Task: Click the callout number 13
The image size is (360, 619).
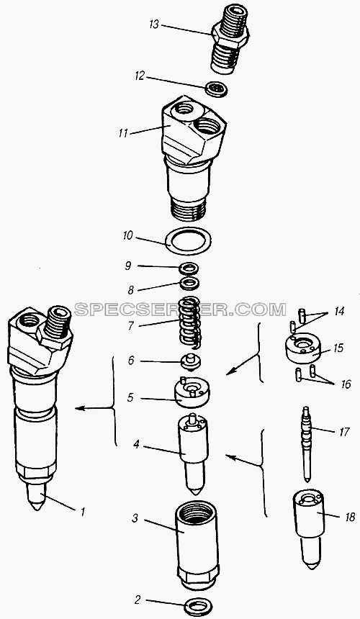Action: click(154, 24)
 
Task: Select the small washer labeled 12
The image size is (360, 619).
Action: click(216, 89)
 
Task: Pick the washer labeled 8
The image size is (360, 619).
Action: click(189, 284)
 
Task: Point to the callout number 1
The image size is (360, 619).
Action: click(83, 512)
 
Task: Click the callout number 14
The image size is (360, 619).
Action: click(338, 312)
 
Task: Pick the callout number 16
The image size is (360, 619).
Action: click(345, 384)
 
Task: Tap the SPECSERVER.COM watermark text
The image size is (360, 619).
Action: click(180, 310)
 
